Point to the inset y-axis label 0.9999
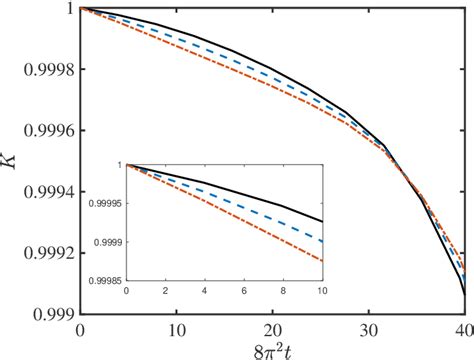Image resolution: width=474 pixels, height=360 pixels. pyautogui.click(x=103, y=242)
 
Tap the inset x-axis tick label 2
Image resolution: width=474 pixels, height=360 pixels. pyautogui.click(x=165, y=292)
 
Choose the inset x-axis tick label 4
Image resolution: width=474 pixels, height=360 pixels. pyautogui.click(x=204, y=292)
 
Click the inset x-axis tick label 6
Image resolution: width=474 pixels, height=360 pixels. pyautogui.click(x=243, y=292)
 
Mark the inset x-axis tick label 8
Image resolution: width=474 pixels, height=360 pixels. pyautogui.click(x=282, y=292)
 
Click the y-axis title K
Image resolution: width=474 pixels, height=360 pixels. pyautogui.click(x=11, y=159)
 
